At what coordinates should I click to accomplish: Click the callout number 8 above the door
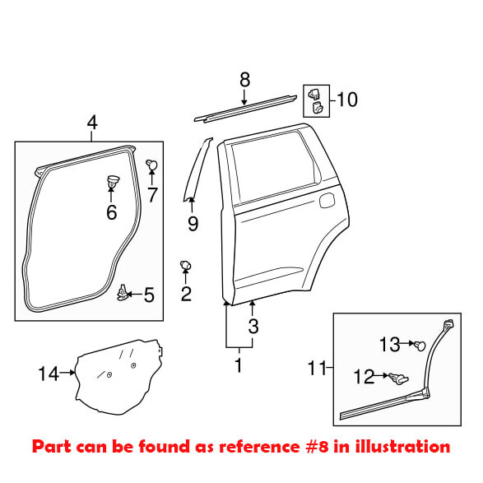244,80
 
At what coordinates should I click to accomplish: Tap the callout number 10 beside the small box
347,100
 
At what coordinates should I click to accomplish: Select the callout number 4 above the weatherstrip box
92,123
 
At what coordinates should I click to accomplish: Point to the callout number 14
49,374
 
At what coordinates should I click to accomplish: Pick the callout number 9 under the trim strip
193,223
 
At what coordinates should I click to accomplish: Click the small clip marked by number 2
186,264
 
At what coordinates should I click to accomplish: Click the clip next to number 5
123,291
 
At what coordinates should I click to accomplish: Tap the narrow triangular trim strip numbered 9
196,169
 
